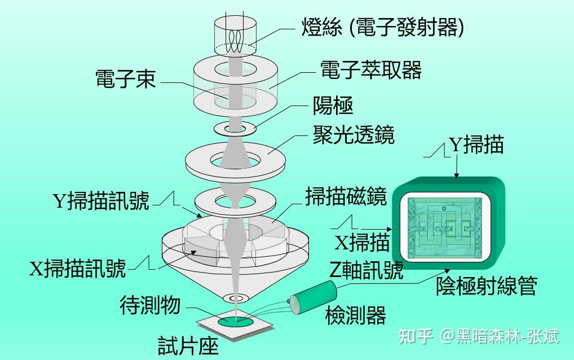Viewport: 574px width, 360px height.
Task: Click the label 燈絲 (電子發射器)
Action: [x=383, y=26]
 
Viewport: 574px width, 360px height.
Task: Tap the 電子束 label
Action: [x=125, y=79]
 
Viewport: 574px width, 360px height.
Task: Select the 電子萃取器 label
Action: [x=370, y=70]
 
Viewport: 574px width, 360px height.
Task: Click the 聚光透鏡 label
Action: [x=354, y=135]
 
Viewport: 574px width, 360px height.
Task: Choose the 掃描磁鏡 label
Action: [x=345, y=197]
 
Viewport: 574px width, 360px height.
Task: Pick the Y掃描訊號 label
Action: [x=101, y=201]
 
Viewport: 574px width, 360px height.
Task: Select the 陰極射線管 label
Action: [x=485, y=286]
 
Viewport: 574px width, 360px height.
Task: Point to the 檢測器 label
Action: [x=356, y=315]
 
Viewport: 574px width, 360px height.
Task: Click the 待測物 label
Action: [x=150, y=305]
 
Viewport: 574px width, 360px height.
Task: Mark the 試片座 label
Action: [x=188, y=345]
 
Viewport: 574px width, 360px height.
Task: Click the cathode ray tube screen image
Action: [x=445, y=226]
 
